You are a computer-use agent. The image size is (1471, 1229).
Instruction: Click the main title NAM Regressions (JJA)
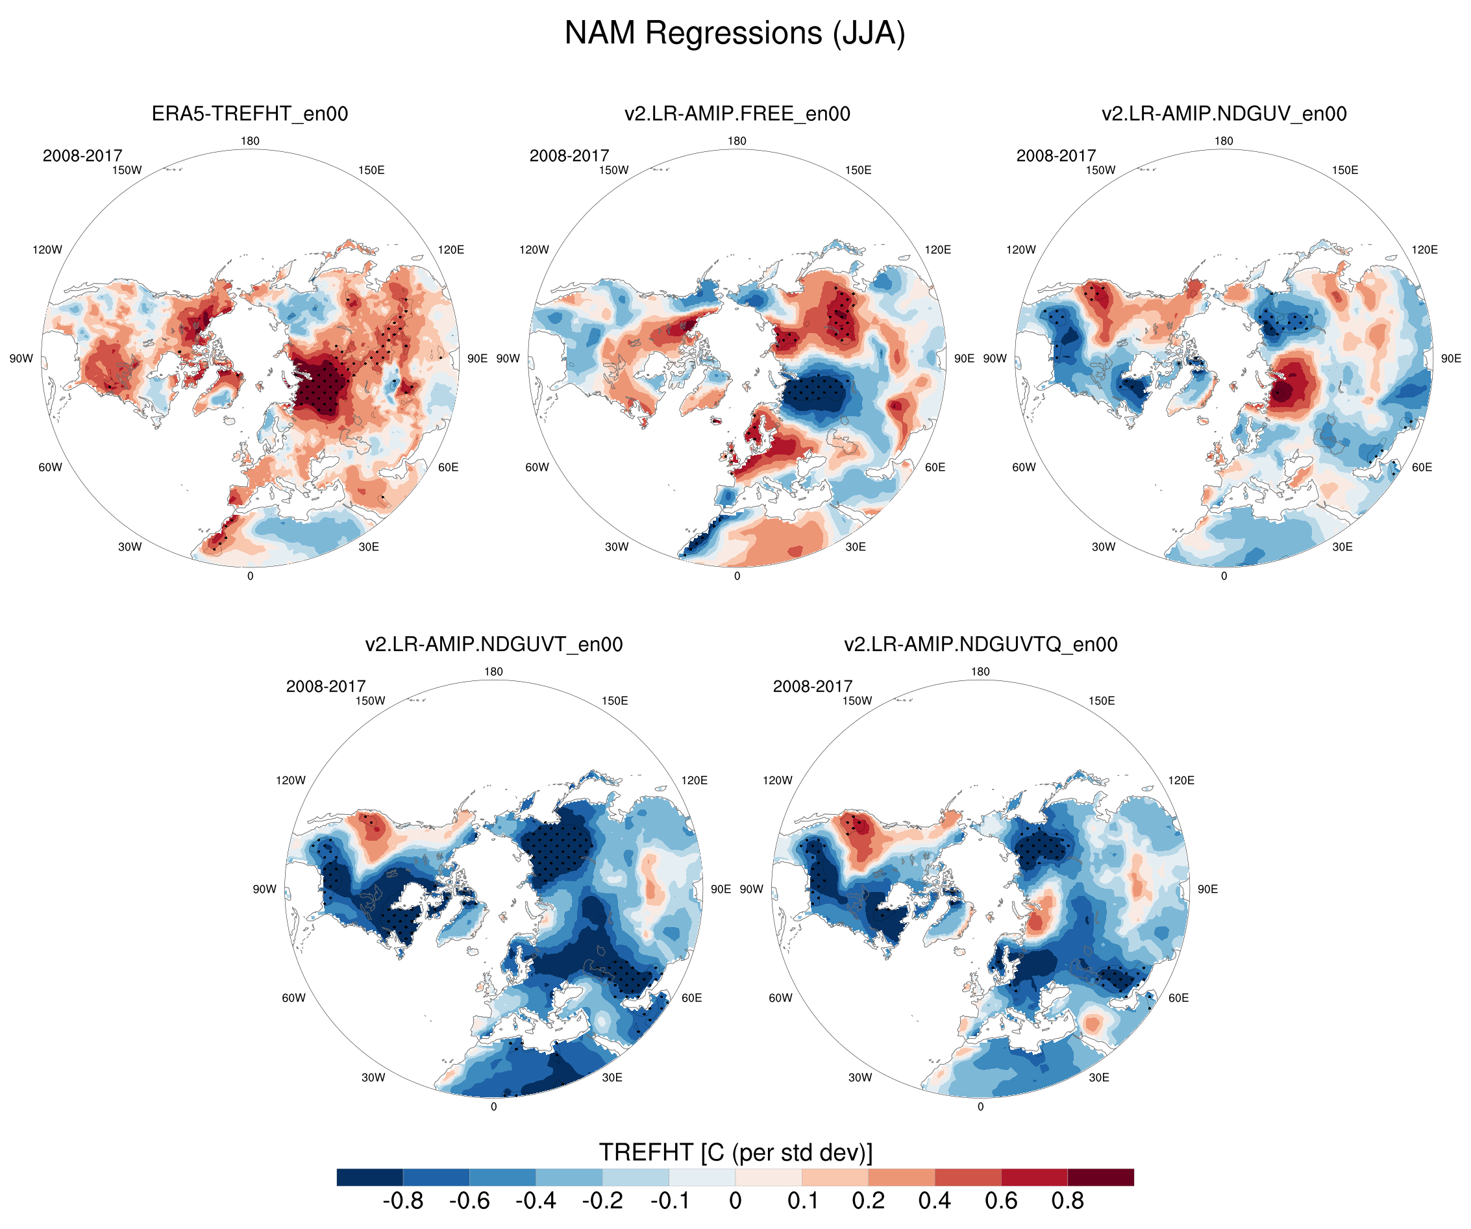[x=735, y=33]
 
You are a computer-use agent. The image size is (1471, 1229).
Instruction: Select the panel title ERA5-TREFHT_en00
[x=250, y=114]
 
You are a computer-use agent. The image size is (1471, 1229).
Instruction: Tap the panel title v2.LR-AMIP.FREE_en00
[x=737, y=114]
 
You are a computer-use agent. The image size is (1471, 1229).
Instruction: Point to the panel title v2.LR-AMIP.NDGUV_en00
[x=1224, y=114]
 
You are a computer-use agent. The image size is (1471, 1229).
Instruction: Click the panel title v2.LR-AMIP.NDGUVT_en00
[x=494, y=644]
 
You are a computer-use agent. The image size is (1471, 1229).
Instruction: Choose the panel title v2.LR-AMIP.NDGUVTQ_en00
[x=980, y=644]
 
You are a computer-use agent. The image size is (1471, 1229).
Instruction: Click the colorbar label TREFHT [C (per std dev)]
[x=735, y=1152]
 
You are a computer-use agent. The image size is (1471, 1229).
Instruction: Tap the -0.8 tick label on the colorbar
[x=402, y=1200]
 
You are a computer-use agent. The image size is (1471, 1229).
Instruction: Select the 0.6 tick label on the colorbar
[x=1001, y=1200]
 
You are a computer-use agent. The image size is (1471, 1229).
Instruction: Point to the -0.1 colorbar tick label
[x=671, y=1200]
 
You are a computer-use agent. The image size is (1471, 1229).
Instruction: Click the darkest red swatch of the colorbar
[x=1100, y=1177]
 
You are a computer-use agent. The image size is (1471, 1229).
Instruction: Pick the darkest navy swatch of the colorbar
[x=370, y=1177]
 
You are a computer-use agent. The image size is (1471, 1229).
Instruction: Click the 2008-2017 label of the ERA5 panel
[x=82, y=156]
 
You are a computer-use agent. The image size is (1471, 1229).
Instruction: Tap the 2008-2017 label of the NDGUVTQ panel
[x=813, y=686]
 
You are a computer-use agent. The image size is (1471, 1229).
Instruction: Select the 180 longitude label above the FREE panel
[x=737, y=141]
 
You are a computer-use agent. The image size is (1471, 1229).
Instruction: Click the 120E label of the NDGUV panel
[x=1425, y=249]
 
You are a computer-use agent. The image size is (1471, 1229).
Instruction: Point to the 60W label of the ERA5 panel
[x=51, y=467]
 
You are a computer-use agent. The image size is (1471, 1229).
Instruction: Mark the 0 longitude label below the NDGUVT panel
[x=494, y=1106]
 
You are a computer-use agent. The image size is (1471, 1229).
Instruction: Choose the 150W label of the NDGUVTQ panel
[x=857, y=701]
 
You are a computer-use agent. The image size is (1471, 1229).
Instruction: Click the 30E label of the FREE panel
[x=856, y=547]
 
